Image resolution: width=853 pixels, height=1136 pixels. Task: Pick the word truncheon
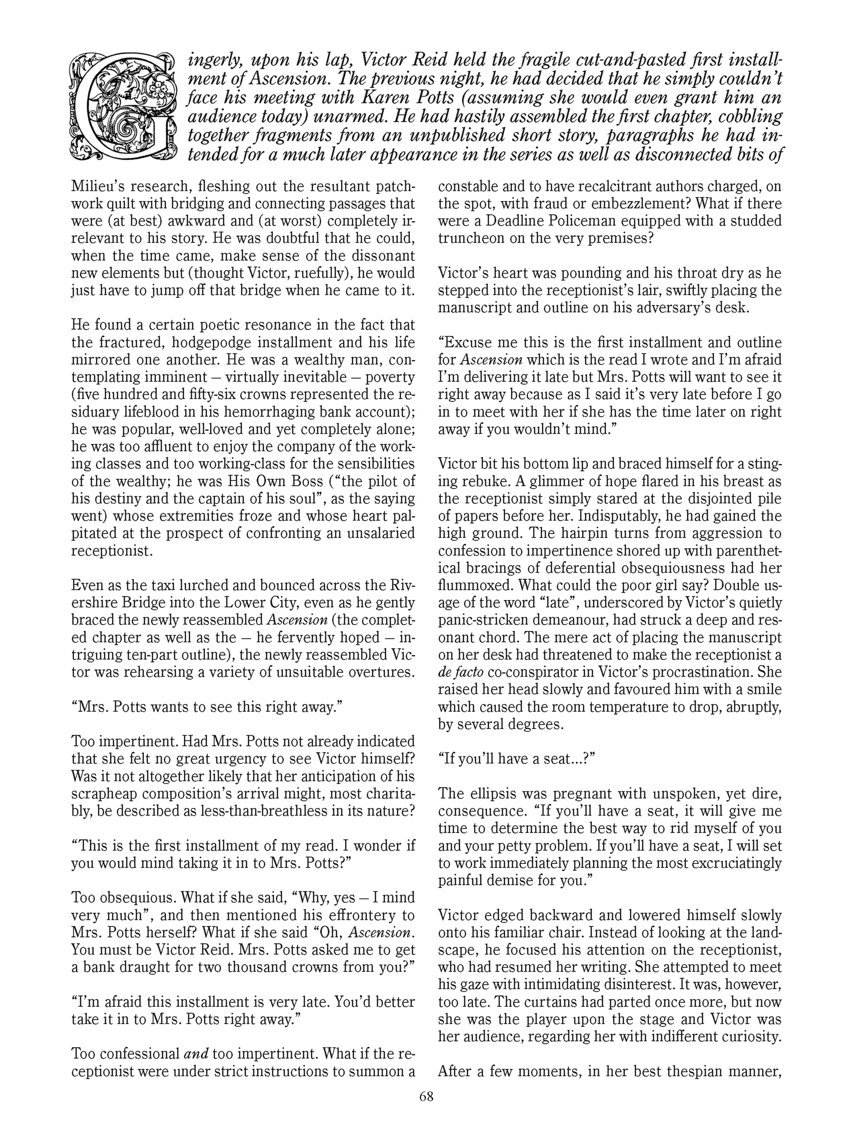point(473,238)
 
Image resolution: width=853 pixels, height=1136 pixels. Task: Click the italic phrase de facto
point(461,672)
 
